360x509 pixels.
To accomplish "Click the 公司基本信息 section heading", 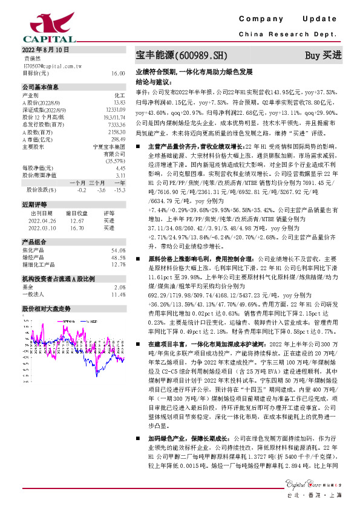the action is click(41, 87).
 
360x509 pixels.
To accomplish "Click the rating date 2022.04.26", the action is click(42, 221).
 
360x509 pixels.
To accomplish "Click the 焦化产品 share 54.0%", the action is click(118, 250).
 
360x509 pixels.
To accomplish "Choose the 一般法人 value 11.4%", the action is click(118, 294).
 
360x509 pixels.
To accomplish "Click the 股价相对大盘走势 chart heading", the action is click(47, 308).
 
